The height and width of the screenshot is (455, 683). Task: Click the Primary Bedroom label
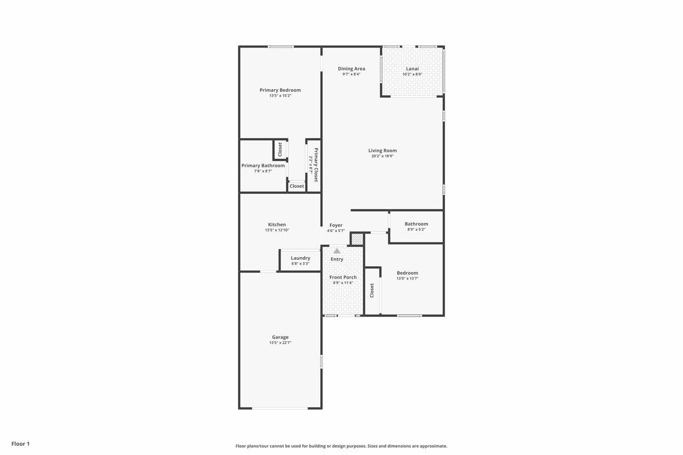(280, 90)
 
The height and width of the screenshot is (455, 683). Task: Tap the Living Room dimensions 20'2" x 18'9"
(383, 156)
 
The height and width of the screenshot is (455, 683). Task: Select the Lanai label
(412, 69)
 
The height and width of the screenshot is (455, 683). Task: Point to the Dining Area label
(351, 69)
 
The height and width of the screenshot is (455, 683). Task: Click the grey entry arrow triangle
(337, 251)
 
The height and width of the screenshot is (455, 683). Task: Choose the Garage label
(280, 337)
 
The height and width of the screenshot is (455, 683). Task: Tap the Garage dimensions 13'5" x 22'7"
(280, 342)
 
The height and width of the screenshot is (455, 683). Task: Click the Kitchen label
(277, 225)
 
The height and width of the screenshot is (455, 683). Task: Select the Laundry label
(300, 258)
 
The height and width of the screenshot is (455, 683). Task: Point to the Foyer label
(336, 225)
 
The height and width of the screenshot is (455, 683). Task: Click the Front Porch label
(343, 277)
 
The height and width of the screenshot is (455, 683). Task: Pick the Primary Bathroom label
(263, 165)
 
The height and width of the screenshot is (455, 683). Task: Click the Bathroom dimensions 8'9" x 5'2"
(416, 229)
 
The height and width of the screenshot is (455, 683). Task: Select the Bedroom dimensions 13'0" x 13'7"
(407, 278)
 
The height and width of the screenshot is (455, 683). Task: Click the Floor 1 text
(20, 444)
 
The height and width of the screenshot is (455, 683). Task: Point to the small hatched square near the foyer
(358, 239)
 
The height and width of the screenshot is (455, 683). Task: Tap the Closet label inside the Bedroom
(372, 290)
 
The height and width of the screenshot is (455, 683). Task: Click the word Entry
(337, 259)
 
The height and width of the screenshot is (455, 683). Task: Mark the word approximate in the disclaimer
(434, 446)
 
